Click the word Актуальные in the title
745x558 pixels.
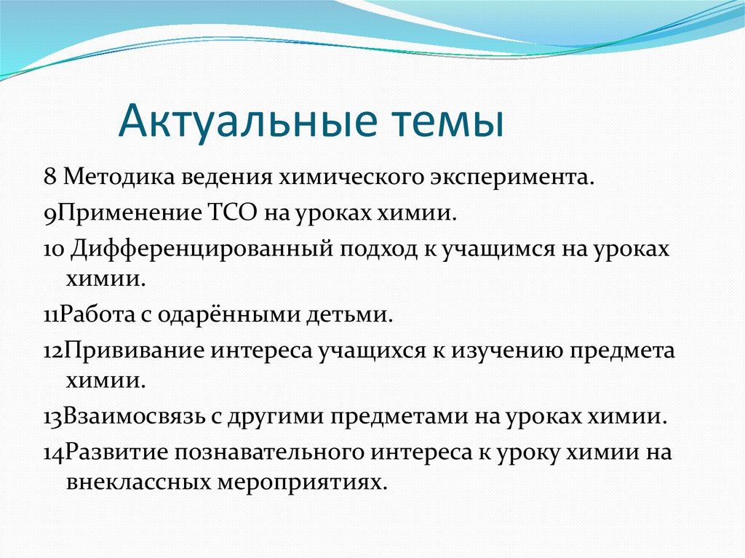[247, 121]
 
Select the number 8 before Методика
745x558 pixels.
[50, 177]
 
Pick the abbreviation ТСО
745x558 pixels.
[232, 212]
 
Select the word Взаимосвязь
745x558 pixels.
[134, 416]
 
